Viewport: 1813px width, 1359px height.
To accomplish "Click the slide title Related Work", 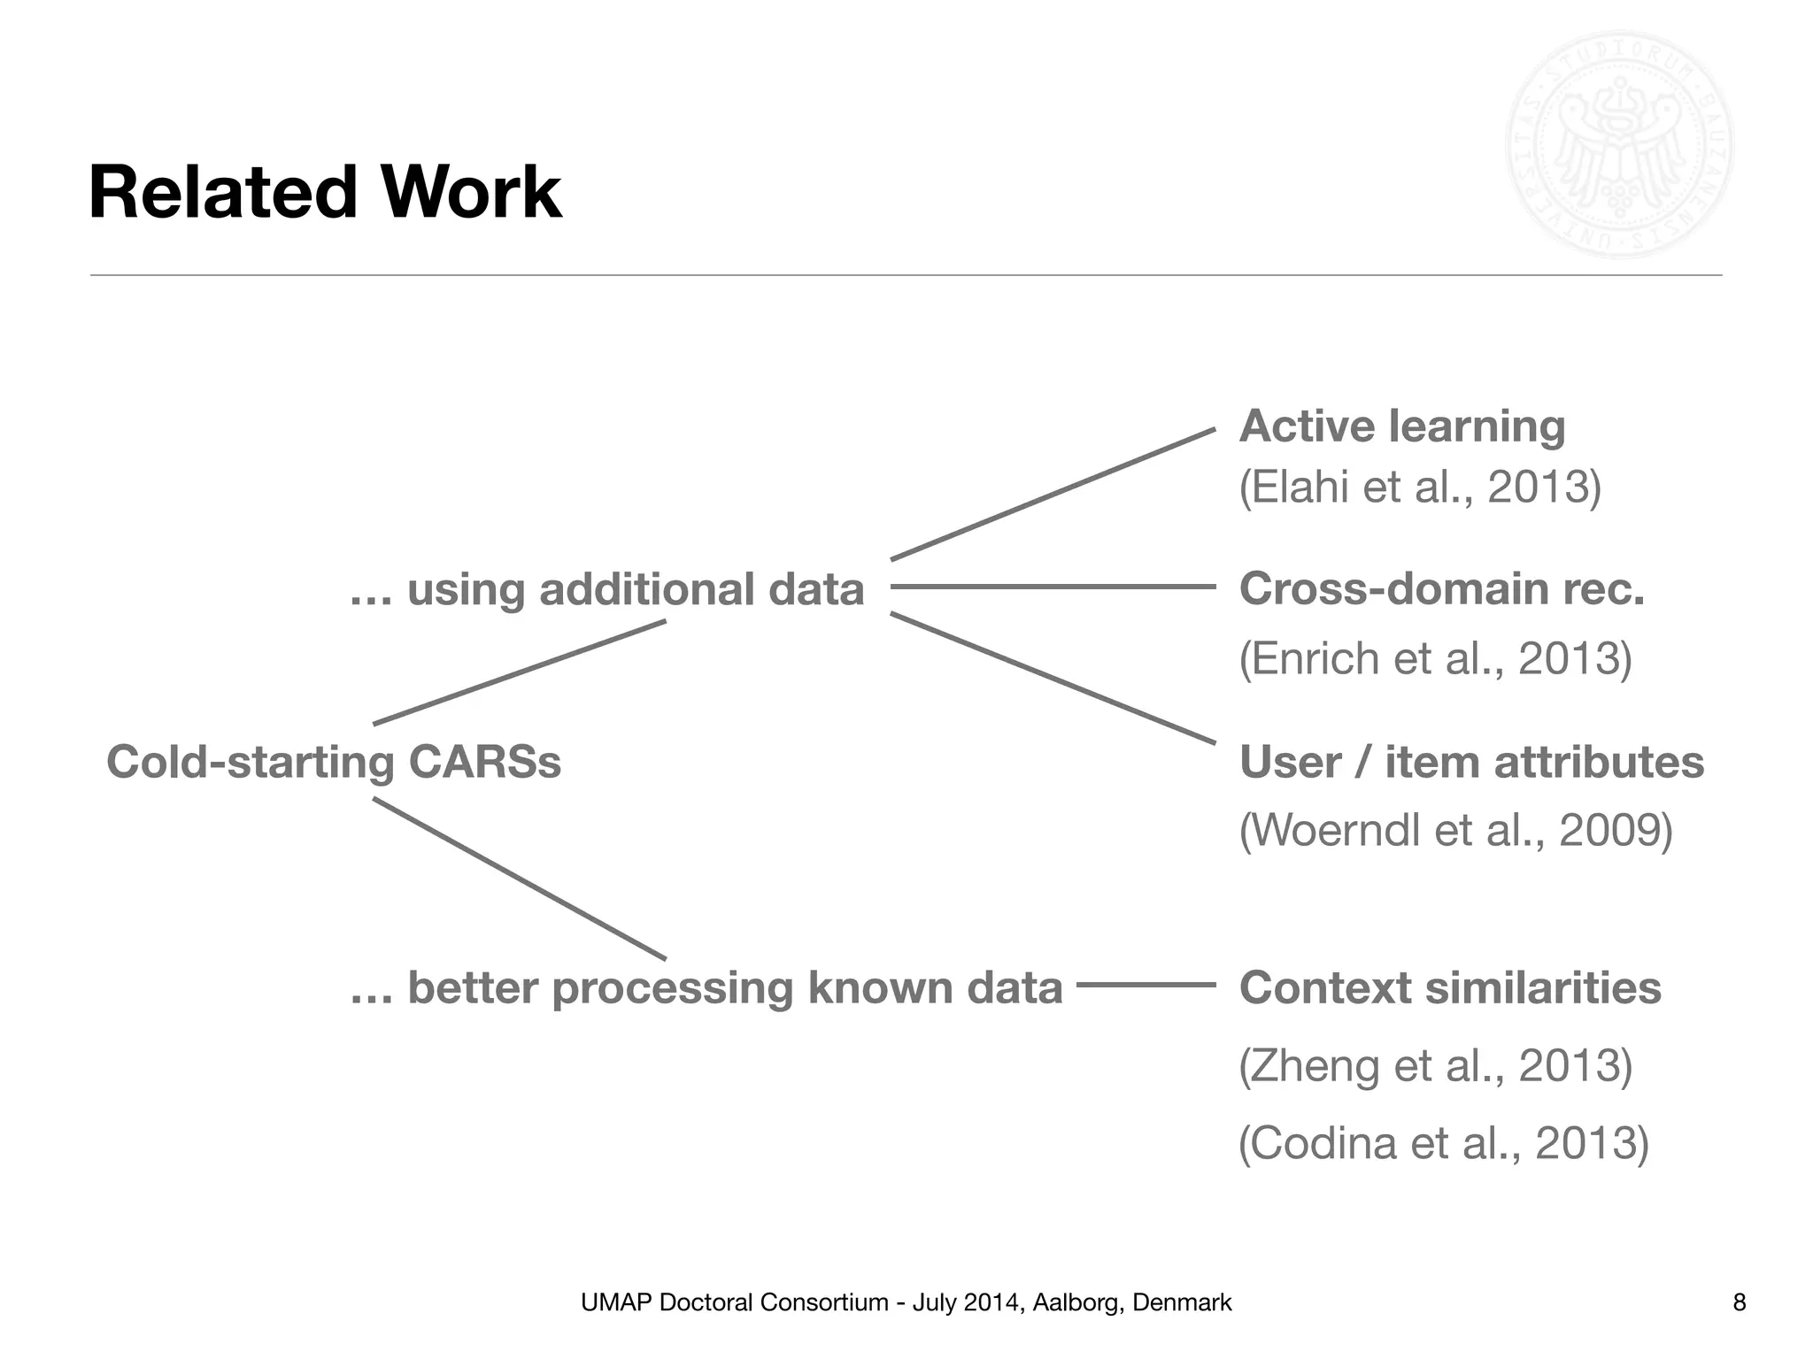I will (x=325, y=193).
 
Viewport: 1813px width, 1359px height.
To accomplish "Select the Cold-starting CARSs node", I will (x=334, y=762).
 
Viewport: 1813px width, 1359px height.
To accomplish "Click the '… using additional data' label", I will (x=607, y=589).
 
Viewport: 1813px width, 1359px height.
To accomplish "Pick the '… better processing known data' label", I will (x=706, y=987).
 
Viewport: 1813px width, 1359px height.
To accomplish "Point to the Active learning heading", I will (x=1402, y=426).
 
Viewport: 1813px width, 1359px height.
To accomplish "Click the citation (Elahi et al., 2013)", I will (x=1420, y=487).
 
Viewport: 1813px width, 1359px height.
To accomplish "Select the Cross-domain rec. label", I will (x=1441, y=589).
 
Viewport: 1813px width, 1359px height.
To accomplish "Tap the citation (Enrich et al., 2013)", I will (x=1435, y=658).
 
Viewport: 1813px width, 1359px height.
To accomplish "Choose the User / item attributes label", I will (x=1471, y=762).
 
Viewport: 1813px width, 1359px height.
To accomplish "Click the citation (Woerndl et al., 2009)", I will (x=1455, y=830).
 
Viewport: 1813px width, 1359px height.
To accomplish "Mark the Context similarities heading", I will (x=1450, y=987).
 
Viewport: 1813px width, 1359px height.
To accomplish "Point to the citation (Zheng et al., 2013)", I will (x=1435, y=1065).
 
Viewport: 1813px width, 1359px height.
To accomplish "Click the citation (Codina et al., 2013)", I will (x=1443, y=1143).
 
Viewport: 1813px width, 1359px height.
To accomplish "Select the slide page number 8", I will (x=1739, y=1302).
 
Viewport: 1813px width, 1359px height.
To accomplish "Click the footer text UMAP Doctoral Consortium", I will (x=906, y=1302).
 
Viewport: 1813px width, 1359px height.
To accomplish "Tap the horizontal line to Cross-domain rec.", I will (x=1053, y=586).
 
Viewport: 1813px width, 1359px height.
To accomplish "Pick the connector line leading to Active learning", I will (x=1053, y=494).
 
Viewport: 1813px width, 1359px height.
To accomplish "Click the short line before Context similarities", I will (x=1146, y=984).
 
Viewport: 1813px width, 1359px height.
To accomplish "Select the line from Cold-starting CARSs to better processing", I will (x=519, y=879).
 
